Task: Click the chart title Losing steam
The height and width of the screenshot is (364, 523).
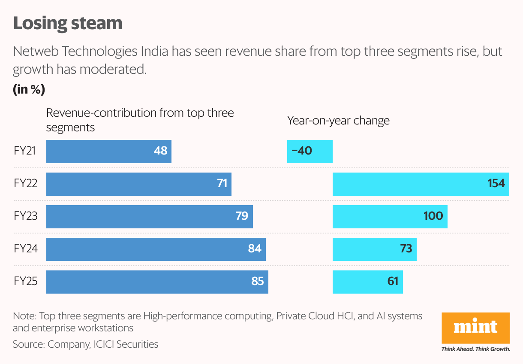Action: point(68,23)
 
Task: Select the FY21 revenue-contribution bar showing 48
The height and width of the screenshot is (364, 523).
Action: point(108,151)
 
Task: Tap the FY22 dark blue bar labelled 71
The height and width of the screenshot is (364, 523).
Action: point(138,184)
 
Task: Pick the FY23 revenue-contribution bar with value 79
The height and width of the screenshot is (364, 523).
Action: point(149,216)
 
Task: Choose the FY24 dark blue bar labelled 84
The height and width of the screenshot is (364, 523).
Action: point(156,249)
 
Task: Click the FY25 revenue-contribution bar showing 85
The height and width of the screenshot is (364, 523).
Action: point(157,282)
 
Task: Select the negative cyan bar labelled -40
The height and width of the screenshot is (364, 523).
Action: point(310,151)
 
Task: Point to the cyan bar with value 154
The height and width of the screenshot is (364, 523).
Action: point(421,184)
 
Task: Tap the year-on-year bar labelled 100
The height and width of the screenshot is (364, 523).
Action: point(390,216)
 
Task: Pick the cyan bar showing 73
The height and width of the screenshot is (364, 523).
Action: point(374,249)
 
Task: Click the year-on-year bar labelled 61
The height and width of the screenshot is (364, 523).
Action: point(367,282)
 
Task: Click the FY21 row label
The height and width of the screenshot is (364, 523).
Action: point(25,151)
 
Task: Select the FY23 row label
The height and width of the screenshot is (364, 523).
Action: point(25,216)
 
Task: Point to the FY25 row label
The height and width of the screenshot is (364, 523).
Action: point(25,282)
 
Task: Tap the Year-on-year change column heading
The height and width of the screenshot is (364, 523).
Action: point(338,121)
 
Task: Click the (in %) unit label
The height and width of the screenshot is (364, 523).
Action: point(29,90)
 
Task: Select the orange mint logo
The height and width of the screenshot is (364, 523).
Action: point(475,328)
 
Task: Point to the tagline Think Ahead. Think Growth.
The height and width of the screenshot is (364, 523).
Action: point(475,349)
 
